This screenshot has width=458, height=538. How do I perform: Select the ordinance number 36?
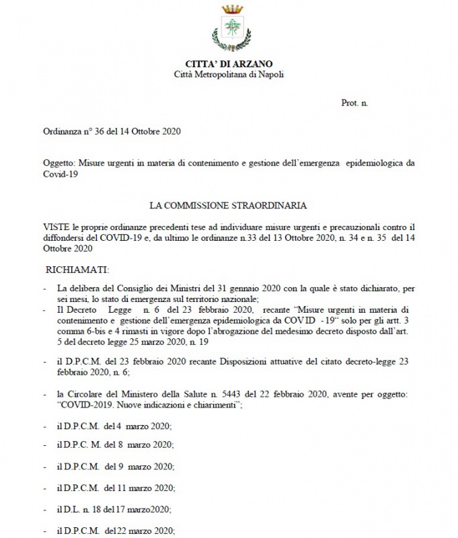107,132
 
